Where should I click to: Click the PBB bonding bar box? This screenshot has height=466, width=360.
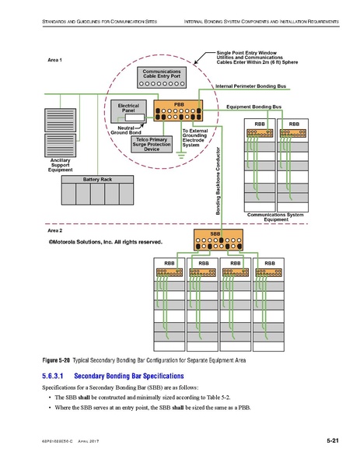(x=178, y=110)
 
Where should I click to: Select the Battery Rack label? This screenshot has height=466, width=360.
(x=97, y=180)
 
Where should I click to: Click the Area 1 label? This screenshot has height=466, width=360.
(x=55, y=60)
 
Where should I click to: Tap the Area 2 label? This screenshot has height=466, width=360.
(x=55, y=231)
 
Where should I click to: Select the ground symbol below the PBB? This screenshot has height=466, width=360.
(x=180, y=154)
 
